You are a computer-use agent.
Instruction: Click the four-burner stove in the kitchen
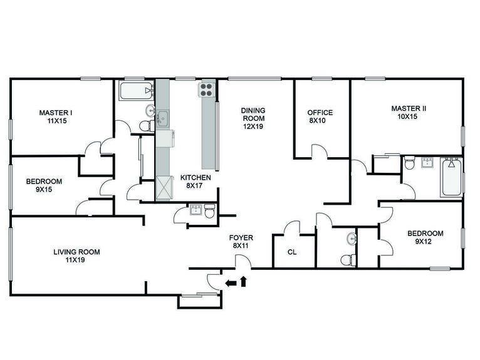tap(207, 90)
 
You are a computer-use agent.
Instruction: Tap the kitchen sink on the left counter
tap(162, 117)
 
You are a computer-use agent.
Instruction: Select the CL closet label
tap(291, 252)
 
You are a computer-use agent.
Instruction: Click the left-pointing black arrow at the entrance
tap(231, 283)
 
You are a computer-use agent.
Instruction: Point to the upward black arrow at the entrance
tap(244, 281)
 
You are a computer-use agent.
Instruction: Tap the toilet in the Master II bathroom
tap(410, 165)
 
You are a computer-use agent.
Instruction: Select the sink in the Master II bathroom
tap(429, 163)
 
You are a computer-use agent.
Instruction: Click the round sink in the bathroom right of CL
tap(352, 238)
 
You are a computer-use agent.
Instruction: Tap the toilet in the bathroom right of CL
tap(346, 259)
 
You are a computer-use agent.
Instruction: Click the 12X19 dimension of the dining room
tap(253, 126)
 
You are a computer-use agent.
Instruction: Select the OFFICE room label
tap(320, 113)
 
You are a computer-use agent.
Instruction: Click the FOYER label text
tap(241, 238)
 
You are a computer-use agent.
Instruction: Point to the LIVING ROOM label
tap(76, 252)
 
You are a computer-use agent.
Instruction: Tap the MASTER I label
tap(56, 113)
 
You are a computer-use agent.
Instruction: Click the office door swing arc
tap(320, 150)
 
